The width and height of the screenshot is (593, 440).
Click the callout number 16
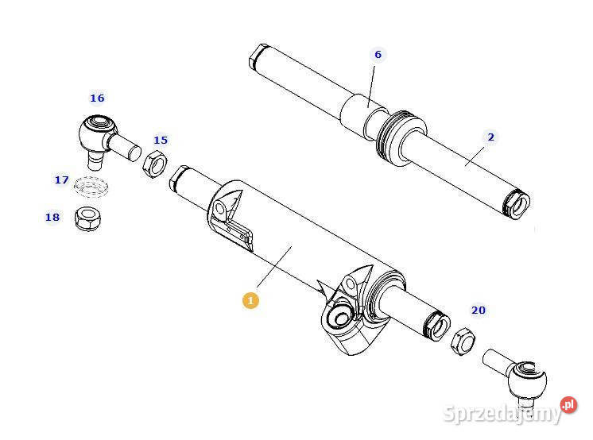(x=97, y=98)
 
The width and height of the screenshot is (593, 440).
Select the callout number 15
(x=161, y=141)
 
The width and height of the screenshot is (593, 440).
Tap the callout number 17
(x=61, y=180)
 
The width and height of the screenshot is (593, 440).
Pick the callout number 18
(x=52, y=217)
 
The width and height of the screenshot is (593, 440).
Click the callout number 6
(x=378, y=55)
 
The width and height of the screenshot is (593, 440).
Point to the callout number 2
(x=490, y=137)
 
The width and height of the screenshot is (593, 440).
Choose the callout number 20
(x=478, y=311)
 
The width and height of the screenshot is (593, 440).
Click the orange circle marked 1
(x=250, y=300)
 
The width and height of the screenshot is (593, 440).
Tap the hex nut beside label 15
(x=153, y=166)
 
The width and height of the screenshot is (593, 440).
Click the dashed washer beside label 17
(x=91, y=188)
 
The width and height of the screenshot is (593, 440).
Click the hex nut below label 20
(x=462, y=340)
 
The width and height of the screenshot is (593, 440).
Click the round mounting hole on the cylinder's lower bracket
(x=339, y=318)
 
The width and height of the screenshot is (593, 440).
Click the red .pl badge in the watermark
(x=568, y=405)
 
